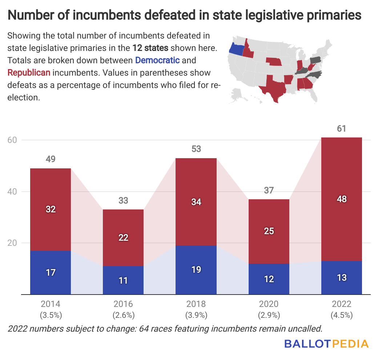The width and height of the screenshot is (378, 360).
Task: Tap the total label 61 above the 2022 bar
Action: tap(341, 129)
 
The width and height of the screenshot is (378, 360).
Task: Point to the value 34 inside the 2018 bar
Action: tap(196, 202)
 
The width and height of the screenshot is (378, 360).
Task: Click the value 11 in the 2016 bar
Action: tap(123, 280)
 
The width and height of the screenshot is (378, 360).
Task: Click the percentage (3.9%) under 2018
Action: tap(196, 315)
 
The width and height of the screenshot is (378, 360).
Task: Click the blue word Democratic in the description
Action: tap(157, 60)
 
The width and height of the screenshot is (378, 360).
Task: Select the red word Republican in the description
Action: tap(29, 72)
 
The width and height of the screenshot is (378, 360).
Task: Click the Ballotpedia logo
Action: tap(326, 344)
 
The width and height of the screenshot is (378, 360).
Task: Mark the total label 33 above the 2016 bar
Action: tap(123, 200)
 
